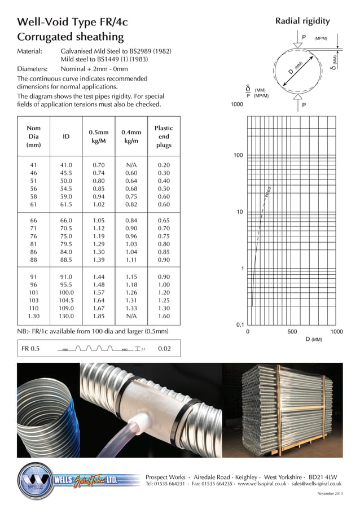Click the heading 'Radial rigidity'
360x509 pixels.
(x=302, y=21)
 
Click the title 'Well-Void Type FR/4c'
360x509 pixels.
(x=73, y=22)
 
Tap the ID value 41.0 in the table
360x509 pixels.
(x=66, y=165)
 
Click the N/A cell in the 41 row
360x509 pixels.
(x=131, y=165)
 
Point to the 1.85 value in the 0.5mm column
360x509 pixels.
(x=98, y=317)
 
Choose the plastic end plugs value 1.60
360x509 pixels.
(x=164, y=317)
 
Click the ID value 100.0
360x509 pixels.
(x=66, y=293)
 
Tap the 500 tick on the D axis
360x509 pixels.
(x=292, y=332)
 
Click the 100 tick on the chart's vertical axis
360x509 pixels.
(x=238, y=155)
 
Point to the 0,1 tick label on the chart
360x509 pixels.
(x=239, y=325)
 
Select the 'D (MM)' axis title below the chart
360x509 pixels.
(x=314, y=340)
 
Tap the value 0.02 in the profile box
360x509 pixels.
(x=164, y=349)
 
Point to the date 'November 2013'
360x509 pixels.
(x=330, y=494)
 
